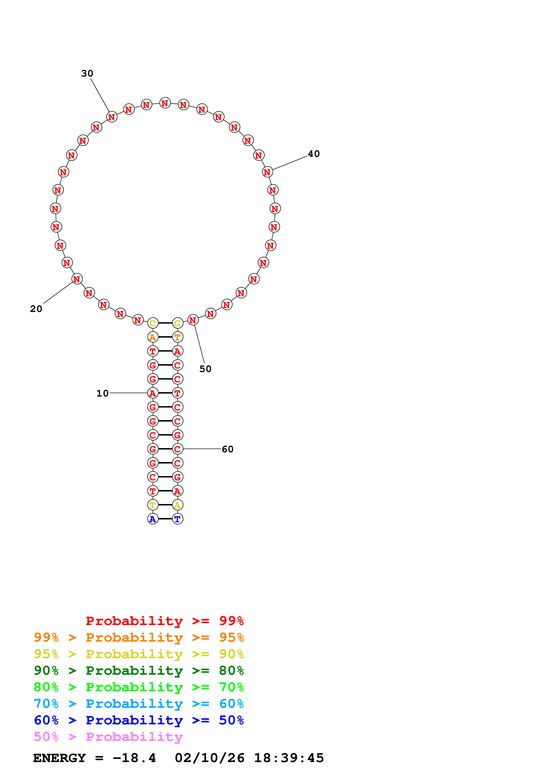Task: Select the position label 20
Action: tap(36, 309)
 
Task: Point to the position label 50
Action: tap(205, 369)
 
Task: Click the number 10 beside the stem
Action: tap(102, 393)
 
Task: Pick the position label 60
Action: tap(227, 449)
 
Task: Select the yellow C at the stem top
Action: tap(153, 323)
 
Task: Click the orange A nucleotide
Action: tap(153, 337)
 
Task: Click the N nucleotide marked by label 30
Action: tap(112, 117)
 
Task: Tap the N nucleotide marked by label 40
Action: tap(267, 172)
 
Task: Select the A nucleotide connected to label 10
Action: tap(153, 393)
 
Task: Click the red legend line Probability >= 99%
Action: tap(165, 621)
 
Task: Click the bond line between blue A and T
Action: tap(165, 519)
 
